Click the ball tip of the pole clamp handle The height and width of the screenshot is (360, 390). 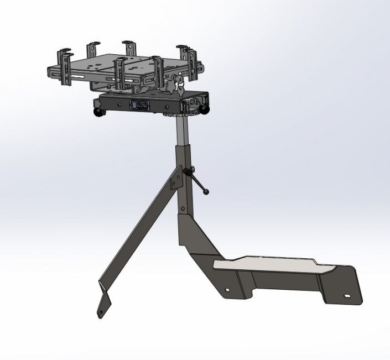click(x=206, y=192)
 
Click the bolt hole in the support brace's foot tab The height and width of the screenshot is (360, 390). click(x=101, y=312)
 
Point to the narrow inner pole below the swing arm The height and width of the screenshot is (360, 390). click(x=180, y=129)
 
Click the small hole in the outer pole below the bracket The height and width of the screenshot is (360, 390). click(x=181, y=208)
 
